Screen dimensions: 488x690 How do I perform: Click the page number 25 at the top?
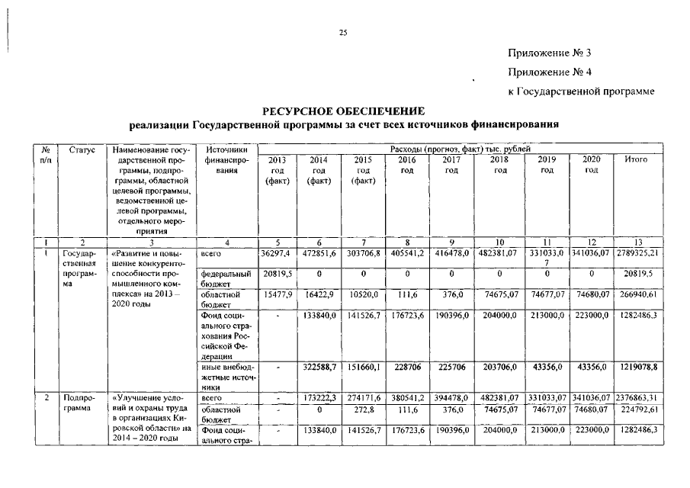pyautogui.click(x=343, y=32)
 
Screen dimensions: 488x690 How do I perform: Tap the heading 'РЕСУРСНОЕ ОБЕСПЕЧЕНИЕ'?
pyautogui.click(x=345, y=111)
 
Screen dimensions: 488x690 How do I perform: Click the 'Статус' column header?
pyautogui.click(x=82, y=149)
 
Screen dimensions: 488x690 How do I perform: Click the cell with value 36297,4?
pyautogui.click(x=276, y=251)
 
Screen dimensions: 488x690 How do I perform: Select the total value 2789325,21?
pyautogui.click(x=640, y=251)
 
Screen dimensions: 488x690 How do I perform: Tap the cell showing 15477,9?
pyautogui.click(x=276, y=292)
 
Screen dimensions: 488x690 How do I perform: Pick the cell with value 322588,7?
pyautogui.click(x=323, y=367)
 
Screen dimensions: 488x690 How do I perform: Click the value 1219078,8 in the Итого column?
pyautogui.click(x=640, y=367)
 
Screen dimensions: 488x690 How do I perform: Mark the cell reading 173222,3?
pyautogui.click(x=323, y=398)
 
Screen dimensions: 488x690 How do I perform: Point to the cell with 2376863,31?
pyautogui.click(x=640, y=398)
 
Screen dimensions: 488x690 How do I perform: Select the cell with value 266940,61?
pyautogui.click(x=640, y=292)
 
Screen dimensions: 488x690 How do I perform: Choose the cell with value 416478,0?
pyautogui.click(x=453, y=251)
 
